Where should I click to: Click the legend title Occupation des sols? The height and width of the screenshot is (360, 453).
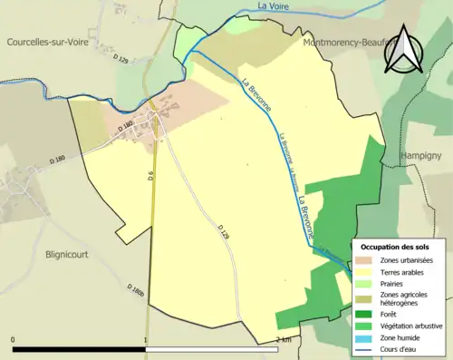[x=397, y=247]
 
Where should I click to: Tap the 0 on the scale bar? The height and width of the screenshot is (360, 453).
[x=13, y=340]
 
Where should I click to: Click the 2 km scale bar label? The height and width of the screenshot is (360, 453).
[x=284, y=340]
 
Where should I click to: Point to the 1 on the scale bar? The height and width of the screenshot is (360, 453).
[x=146, y=340]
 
